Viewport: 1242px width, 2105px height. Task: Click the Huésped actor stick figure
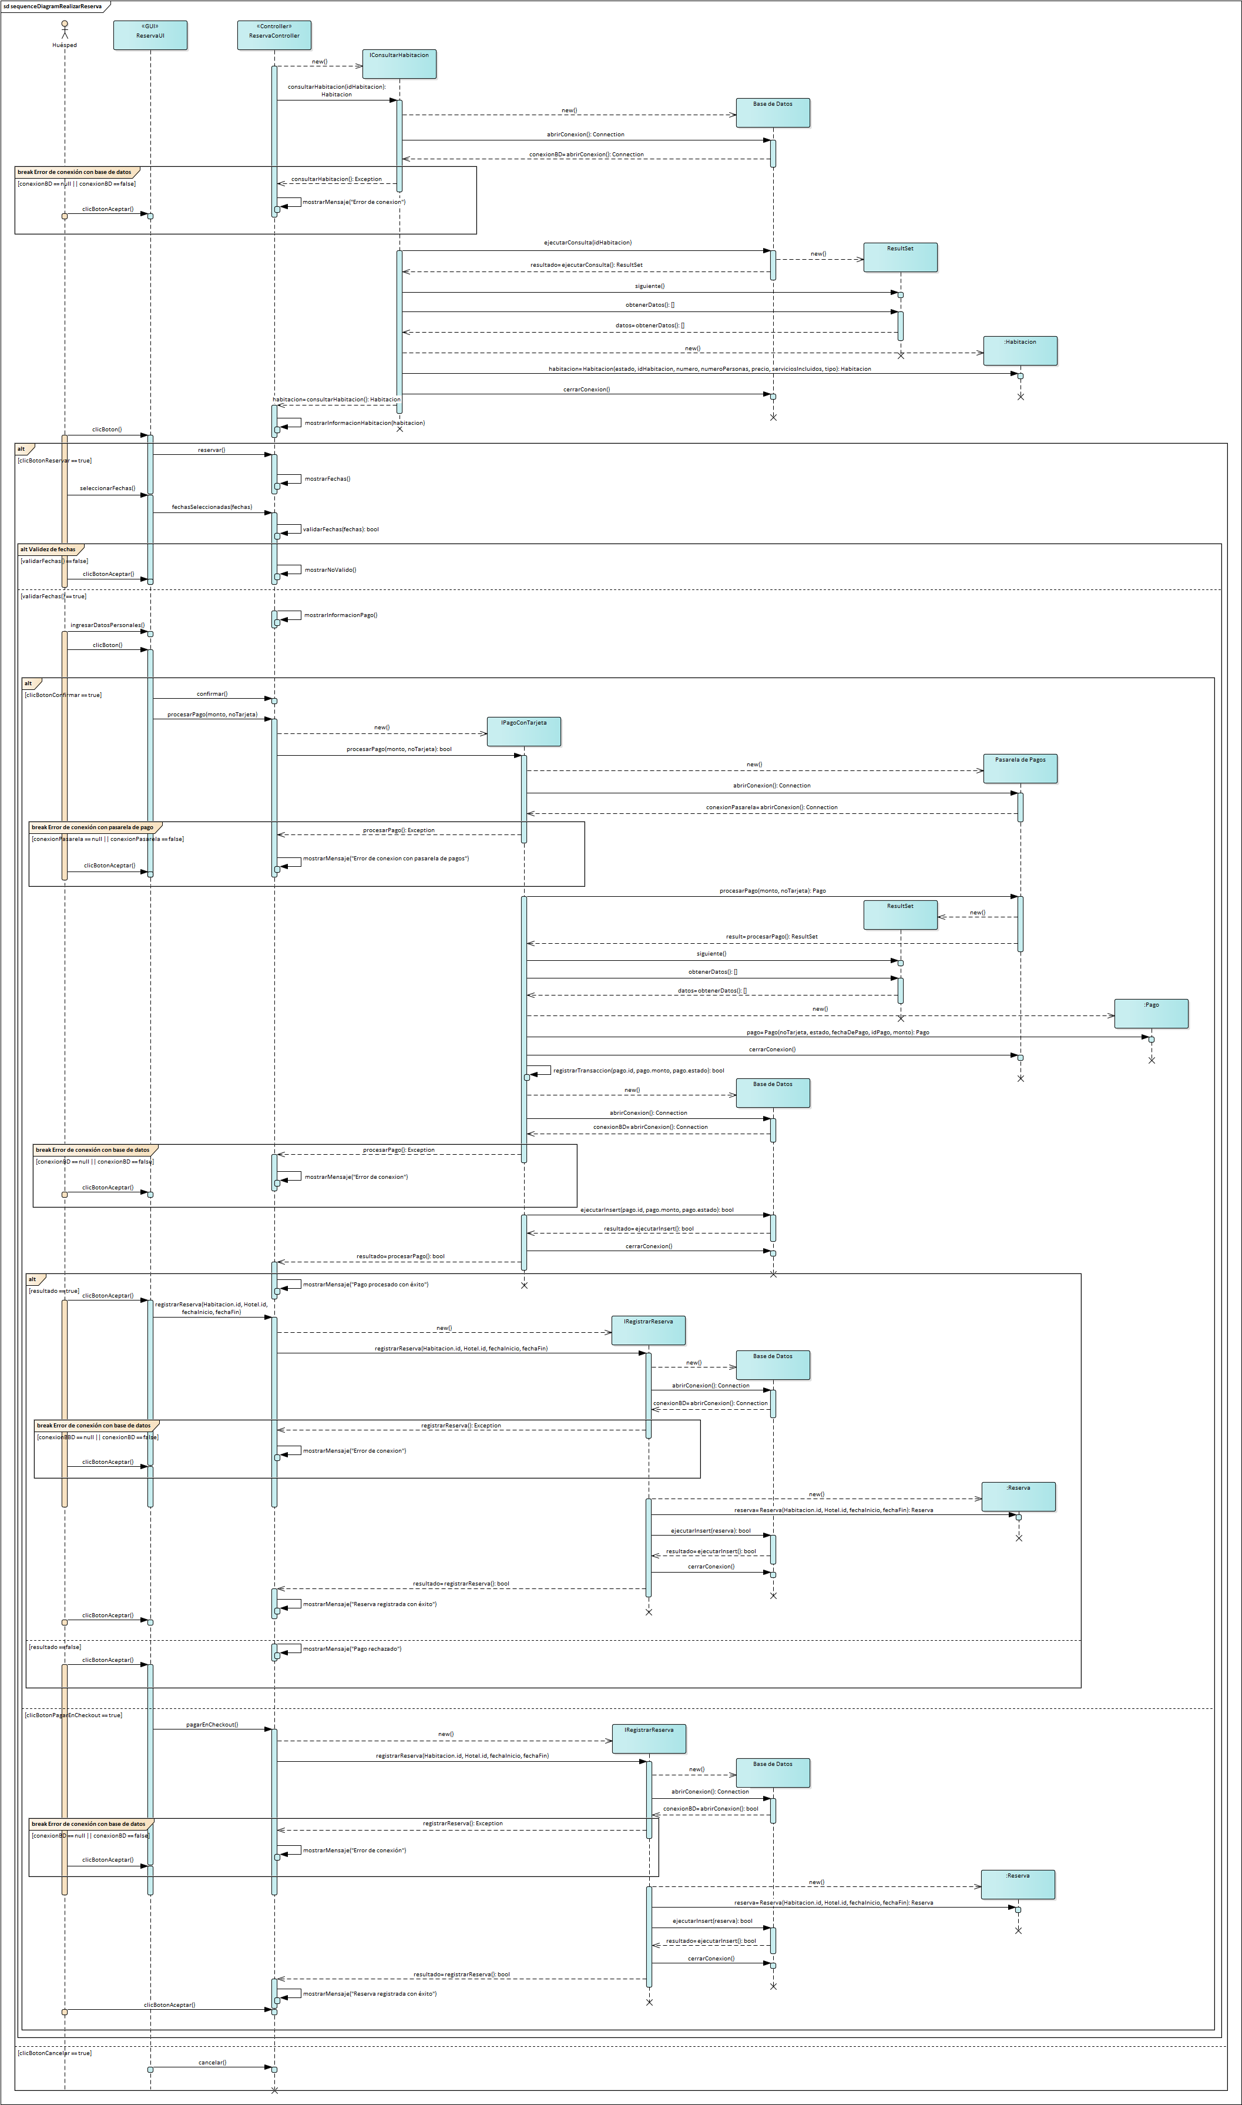(x=65, y=29)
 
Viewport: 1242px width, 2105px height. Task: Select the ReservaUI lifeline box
(x=150, y=35)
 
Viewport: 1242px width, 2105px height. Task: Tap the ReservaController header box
(x=274, y=35)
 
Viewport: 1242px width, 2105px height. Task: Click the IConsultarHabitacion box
(x=400, y=63)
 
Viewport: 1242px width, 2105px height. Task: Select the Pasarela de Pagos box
(x=1019, y=768)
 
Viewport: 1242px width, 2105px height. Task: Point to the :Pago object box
(x=1151, y=1013)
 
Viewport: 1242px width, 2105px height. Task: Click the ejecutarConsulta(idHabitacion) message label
(x=588, y=243)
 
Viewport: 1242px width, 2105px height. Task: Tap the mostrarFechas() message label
(x=327, y=479)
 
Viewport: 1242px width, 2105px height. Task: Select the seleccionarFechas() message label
(x=107, y=488)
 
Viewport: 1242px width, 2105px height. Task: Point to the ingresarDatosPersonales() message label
(x=107, y=625)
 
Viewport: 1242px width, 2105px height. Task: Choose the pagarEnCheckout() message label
(x=212, y=1724)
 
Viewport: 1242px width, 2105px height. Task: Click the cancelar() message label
(x=212, y=2062)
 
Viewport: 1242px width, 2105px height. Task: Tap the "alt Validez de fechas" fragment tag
(x=49, y=550)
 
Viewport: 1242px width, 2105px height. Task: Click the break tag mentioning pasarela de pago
(x=93, y=827)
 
